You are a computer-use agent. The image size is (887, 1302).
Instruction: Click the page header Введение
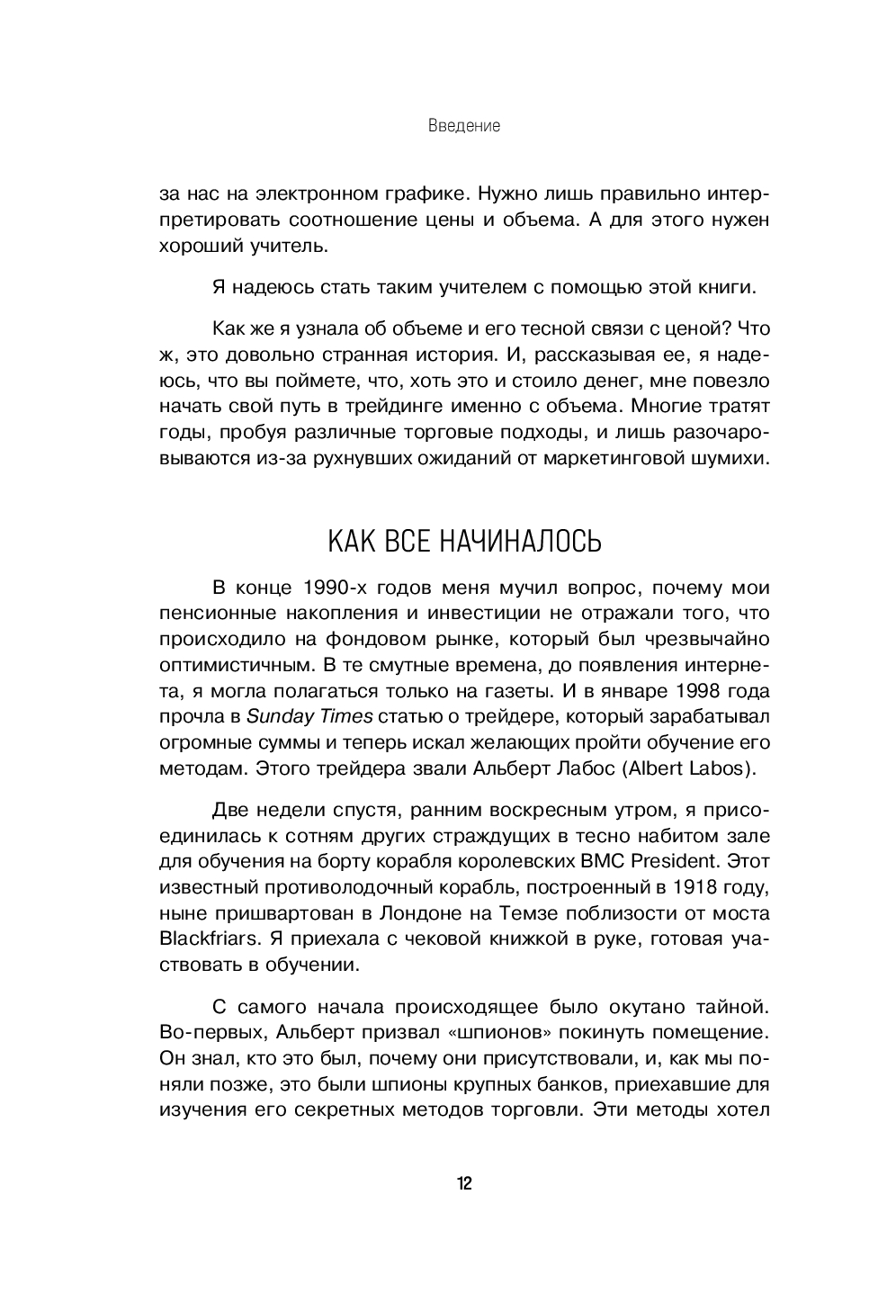[464, 126]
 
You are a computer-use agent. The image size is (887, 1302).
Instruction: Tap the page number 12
[463, 1183]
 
